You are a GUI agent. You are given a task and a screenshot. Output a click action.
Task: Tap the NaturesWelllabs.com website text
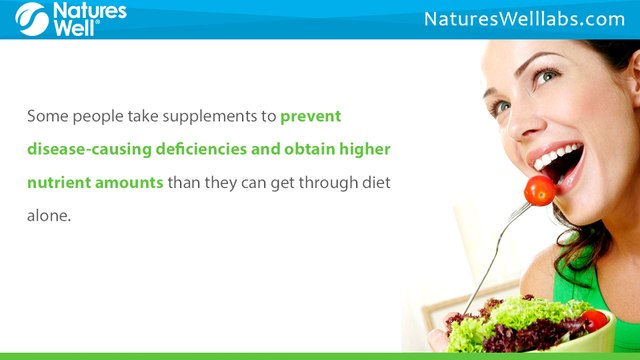pos(524,19)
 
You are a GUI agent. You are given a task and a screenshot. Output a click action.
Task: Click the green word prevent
pos(311,116)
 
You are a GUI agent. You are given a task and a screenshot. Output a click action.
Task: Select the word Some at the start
pos(47,116)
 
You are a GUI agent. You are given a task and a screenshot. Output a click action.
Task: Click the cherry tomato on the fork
pos(540,190)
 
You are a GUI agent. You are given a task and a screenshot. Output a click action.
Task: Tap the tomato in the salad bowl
pos(595,320)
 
